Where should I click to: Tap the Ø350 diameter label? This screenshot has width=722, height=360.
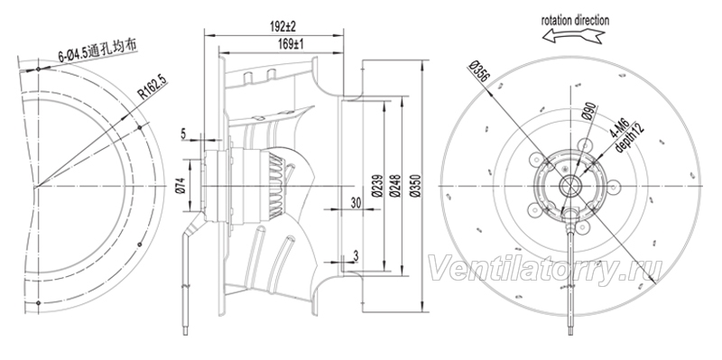point(415,186)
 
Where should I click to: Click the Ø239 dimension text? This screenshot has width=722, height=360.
point(377,186)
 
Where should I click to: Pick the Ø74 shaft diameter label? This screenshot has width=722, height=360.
point(180,186)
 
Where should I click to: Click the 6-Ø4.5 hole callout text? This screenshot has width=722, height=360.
point(97,51)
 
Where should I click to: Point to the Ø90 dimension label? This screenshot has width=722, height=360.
point(590,112)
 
